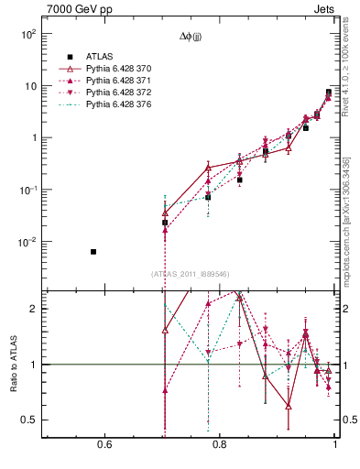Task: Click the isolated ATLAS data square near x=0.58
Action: click(x=67, y=251)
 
